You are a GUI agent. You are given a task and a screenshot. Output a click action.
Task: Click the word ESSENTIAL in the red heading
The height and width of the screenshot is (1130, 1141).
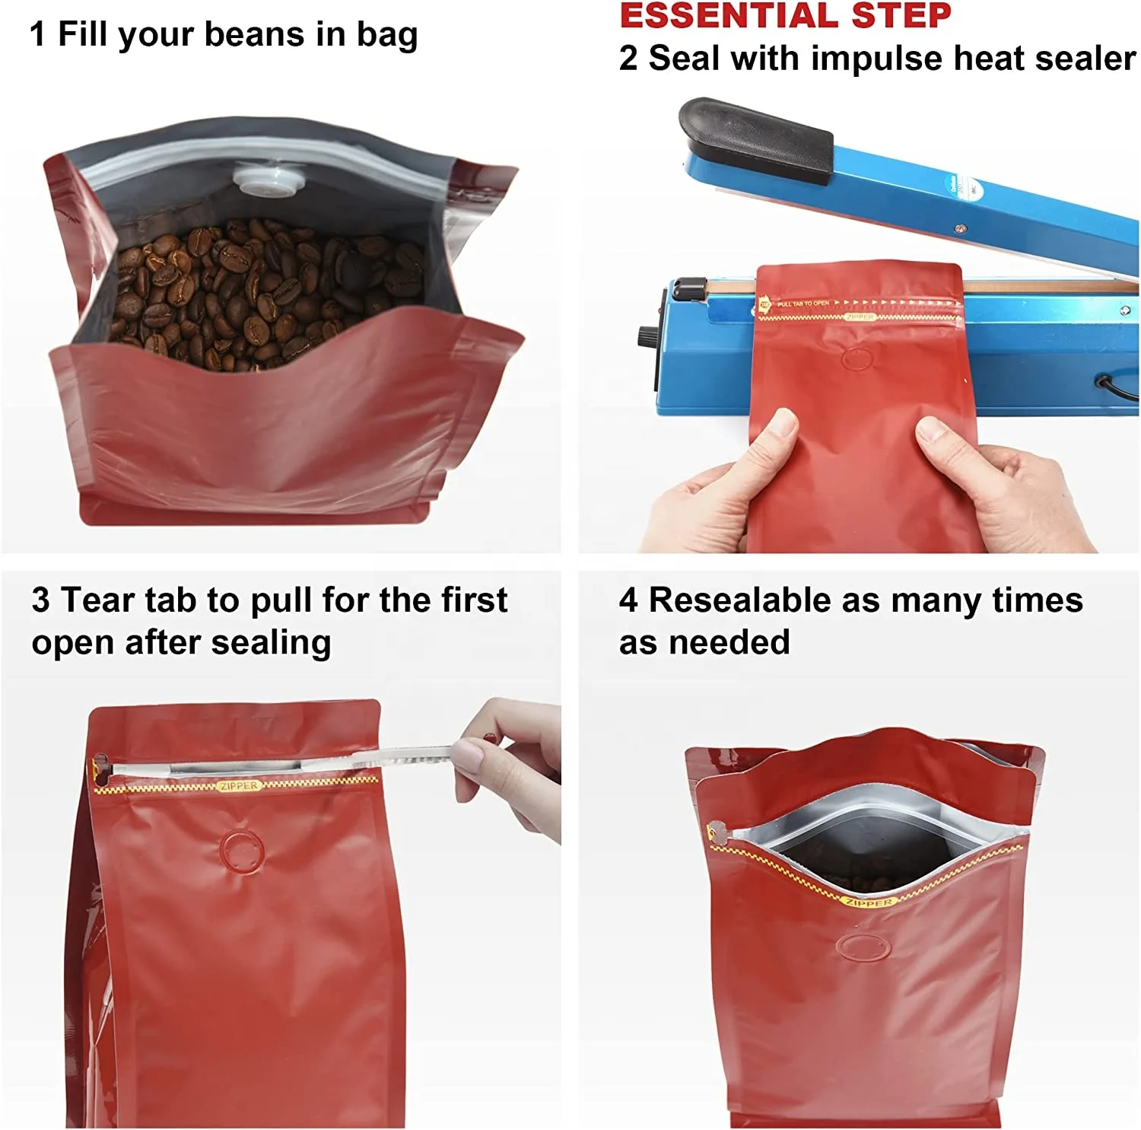coord(729,15)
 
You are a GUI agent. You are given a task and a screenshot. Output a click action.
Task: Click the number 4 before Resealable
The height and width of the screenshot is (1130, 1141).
coord(628,600)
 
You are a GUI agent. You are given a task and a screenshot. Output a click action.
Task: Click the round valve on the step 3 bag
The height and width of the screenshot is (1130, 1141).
coord(242,851)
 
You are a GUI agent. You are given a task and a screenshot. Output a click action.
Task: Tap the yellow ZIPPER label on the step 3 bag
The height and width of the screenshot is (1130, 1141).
coord(239,786)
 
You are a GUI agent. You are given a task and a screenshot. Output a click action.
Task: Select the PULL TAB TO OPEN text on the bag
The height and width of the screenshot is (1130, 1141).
coord(803,304)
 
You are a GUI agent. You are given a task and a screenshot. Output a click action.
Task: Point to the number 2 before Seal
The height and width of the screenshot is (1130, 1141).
coord(628,59)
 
